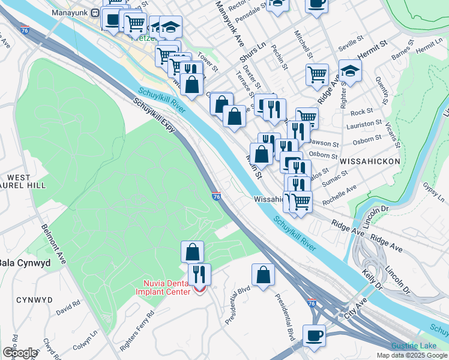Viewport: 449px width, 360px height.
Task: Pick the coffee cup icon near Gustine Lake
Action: point(315,335)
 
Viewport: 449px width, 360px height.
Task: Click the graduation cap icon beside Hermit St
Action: point(350,71)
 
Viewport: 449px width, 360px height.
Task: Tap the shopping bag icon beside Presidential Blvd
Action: point(263,275)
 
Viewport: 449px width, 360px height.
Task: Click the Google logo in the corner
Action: point(19,353)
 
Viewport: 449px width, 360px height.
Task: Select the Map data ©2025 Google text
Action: point(412,355)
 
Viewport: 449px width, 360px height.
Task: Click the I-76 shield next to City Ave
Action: point(312,304)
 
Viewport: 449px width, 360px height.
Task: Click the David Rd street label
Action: point(67,309)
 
